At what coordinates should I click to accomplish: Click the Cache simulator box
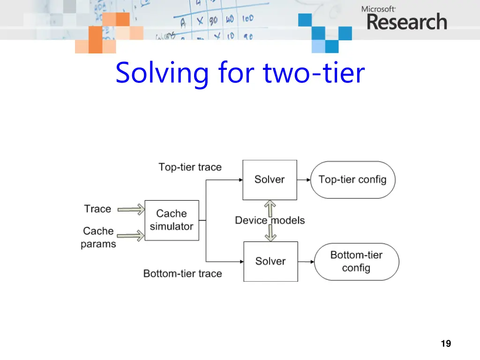click(x=172, y=220)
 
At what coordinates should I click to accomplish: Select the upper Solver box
click(x=270, y=180)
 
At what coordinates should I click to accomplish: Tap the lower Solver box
click(x=270, y=261)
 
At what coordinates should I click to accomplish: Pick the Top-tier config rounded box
click(x=352, y=180)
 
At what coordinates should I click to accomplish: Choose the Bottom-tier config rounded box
click(x=356, y=262)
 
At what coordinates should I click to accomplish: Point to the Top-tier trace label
click(x=190, y=167)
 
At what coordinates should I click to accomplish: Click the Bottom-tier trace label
click(x=182, y=274)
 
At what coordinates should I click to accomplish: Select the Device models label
click(x=270, y=220)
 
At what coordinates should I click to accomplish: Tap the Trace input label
click(x=97, y=209)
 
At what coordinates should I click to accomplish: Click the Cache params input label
click(x=98, y=237)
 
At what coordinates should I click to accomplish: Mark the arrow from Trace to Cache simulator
click(x=131, y=210)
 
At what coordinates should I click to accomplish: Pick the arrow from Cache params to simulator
click(x=131, y=236)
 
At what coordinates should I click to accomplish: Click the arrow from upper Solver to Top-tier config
click(x=304, y=180)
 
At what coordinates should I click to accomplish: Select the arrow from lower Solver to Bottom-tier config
click(x=306, y=262)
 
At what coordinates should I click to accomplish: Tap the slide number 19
click(x=446, y=344)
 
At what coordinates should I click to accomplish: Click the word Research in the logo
click(x=406, y=22)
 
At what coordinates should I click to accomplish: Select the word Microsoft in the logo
click(x=378, y=8)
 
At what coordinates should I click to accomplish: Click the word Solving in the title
click(x=162, y=74)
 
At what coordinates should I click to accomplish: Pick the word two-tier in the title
click(x=314, y=74)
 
